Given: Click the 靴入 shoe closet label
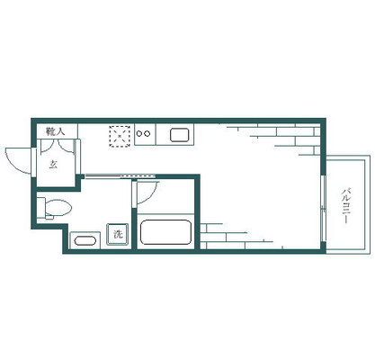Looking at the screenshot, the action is (56, 131).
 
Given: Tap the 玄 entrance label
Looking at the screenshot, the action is (53, 165).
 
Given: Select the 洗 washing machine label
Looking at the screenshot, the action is (118, 234).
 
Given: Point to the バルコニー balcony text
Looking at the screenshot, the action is (346, 205).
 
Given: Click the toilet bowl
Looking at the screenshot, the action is (58, 207).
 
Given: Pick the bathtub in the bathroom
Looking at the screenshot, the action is (165, 232).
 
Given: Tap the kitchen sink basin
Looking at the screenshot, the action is (179, 135).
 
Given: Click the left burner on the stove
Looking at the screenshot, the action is (139, 134).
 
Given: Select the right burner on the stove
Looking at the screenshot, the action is (147, 134).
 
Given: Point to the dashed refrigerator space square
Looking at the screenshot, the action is (120, 136).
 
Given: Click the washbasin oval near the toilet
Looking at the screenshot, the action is (85, 241).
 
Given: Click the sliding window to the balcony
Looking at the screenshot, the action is (323, 208).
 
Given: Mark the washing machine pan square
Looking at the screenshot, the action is (118, 235).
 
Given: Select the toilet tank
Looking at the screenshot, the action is (40, 208).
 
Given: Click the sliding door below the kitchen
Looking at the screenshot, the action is (120, 176).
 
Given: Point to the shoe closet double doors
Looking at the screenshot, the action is (58, 146).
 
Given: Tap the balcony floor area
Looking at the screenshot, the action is (345, 204).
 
